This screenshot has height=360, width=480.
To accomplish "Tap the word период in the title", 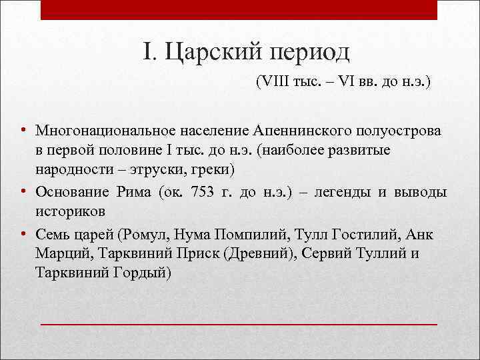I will tap(302, 53).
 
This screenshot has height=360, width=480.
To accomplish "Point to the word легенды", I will tap(349, 192).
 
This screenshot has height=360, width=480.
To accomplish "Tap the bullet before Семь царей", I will tap(23, 234).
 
